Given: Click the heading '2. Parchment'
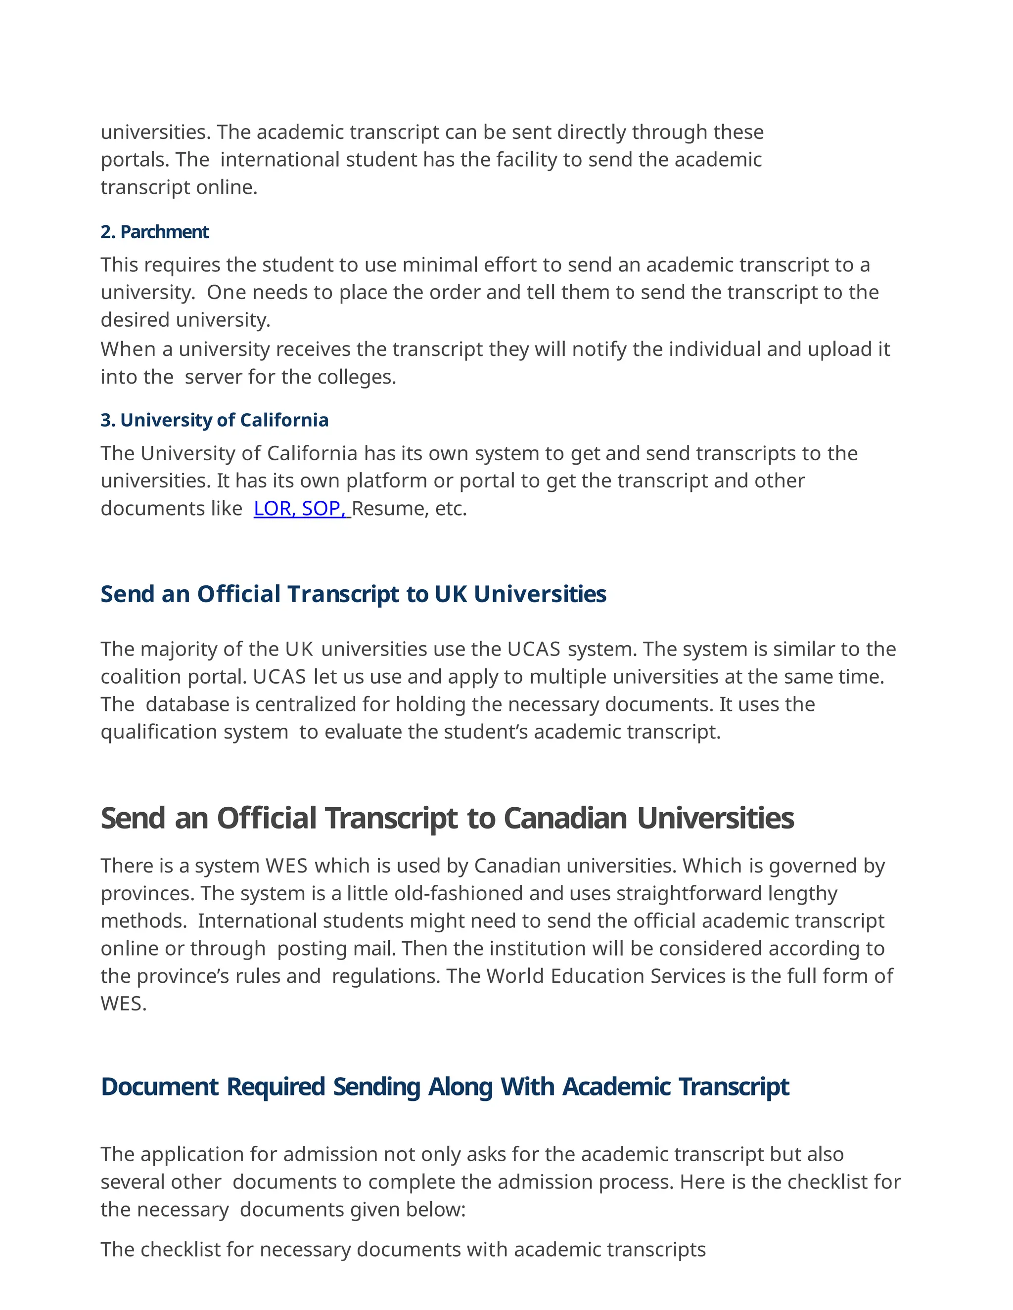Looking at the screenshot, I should (x=154, y=232).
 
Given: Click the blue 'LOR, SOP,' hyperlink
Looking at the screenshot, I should (x=301, y=509).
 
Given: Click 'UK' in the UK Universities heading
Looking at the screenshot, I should (x=451, y=594).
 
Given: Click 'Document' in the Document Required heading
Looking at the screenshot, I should (x=160, y=1087).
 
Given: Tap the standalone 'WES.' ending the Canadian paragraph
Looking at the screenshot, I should (x=124, y=1004).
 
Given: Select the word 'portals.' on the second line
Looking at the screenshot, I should (x=136, y=160).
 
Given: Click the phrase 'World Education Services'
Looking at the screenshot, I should (x=606, y=976).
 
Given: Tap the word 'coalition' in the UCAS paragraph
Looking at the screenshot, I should (x=141, y=677).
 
